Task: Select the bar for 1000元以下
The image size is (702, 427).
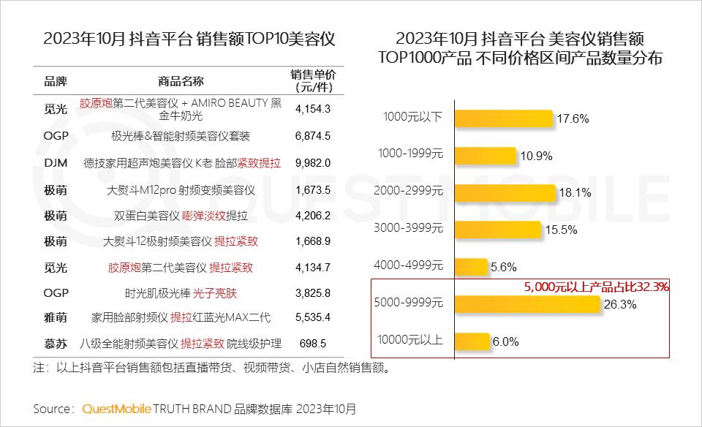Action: [x=503, y=117]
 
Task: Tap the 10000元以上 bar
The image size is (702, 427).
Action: [x=472, y=340]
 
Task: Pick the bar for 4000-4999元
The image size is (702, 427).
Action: [x=471, y=266]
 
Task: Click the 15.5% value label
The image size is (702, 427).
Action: [x=562, y=230]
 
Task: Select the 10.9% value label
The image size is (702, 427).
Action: [x=536, y=156]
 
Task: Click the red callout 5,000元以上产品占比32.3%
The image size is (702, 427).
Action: [x=596, y=287]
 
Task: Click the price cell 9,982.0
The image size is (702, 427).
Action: [x=313, y=162]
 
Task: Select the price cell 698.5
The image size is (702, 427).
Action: [x=313, y=343]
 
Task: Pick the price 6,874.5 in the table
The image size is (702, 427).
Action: [x=313, y=136]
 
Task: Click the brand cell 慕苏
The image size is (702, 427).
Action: [x=56, y=343]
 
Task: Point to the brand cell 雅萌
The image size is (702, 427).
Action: [x=56, y=317]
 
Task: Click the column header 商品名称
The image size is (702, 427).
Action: [x=181, y=80]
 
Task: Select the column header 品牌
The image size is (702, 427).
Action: [x=56, y=80]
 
